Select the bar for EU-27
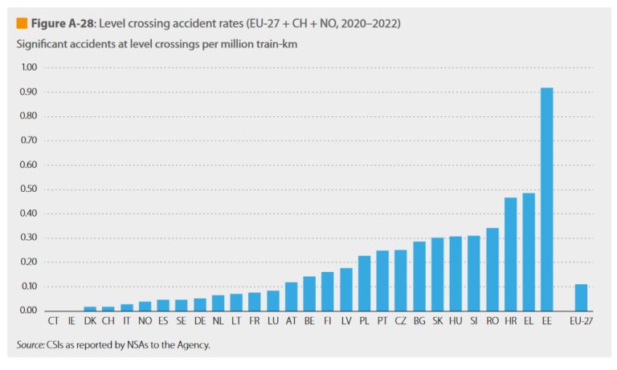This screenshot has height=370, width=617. click(581, 297)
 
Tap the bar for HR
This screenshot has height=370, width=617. click(510, 254)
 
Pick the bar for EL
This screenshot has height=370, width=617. click(529, 251)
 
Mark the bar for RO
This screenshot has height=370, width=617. click(492, 269)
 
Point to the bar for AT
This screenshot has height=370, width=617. click(291, 296)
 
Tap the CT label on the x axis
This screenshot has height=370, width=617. click(53, 322)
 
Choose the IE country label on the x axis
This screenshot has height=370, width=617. click(72, 322)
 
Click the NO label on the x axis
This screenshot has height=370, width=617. click(145, 322)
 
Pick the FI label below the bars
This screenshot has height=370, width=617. click(328, 322)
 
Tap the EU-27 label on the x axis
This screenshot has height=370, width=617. click(581, 322)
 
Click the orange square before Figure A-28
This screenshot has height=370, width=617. click(22, 23)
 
